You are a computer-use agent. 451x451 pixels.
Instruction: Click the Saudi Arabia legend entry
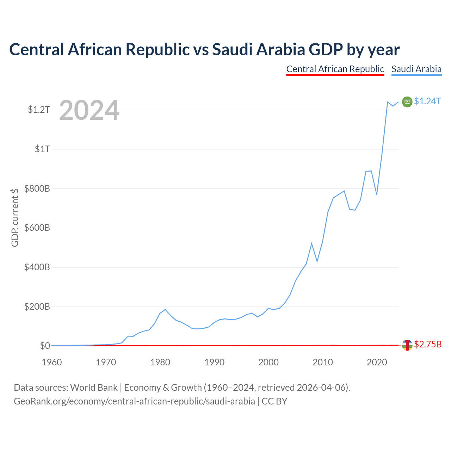tap(416, 69)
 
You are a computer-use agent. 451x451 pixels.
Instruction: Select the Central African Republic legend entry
tap(335, 69)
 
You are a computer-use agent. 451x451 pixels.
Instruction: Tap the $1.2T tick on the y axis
tap(39, 110)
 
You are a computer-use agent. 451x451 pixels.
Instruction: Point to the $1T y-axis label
tap(42, 149)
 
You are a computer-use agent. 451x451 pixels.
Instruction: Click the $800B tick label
tap(37, 189)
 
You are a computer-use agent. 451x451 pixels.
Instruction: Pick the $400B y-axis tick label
tap(37, 267)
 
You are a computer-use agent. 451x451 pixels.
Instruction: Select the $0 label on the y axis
tap(45, 345)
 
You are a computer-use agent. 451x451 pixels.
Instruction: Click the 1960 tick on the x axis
tap(52, 362)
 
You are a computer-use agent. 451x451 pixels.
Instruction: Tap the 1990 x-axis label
tap(214, 362)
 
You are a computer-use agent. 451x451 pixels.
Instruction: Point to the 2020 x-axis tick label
tap(377, 362)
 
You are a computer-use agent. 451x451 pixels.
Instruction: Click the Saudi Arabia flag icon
tap(407, 102)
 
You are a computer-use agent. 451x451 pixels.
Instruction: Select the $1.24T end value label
tap(428, 101)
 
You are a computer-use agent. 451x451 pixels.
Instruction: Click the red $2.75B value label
tap(428, 344)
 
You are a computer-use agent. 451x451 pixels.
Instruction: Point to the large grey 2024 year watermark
tap(89, 110)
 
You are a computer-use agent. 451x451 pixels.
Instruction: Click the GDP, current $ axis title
tap(14, 217)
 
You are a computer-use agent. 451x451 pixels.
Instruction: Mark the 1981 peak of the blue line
tap(165, 309)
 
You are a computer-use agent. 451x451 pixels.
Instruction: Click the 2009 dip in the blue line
tap(317, 261)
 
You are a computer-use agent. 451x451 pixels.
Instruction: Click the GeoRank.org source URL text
tap(134, 401)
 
